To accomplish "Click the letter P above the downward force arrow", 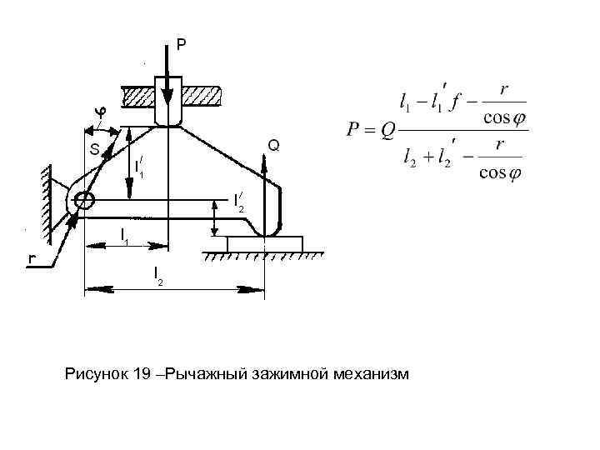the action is (180, 43).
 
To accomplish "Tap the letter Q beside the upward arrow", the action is (273, 146).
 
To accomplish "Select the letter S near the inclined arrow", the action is (94, 150).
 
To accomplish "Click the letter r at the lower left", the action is (31, 258).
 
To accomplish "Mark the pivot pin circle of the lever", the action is (84, 200).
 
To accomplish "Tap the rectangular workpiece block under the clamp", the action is (265, 244).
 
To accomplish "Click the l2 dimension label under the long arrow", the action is (157, 276).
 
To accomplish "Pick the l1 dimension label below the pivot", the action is (123, 235).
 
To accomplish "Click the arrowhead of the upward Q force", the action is (265, 158).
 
